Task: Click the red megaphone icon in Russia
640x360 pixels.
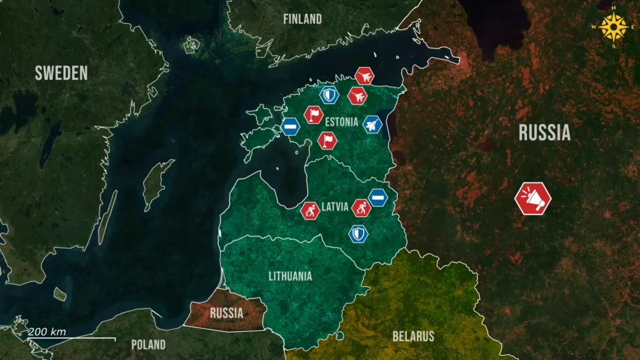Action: pos(532,199)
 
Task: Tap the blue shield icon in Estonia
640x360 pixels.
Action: pos(329,95)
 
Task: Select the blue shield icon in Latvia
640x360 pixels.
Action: pos(358,234)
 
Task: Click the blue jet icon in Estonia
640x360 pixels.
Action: pos(372,124)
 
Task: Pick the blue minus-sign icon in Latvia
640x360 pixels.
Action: pos(377,197)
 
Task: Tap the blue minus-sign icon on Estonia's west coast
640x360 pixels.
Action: pos(290,126)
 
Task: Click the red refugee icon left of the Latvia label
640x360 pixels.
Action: pos(310,211)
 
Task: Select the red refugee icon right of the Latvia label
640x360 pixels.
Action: pos(361,207)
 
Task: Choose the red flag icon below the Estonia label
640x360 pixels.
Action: pos(327,140)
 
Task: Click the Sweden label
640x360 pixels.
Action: pos(61,73)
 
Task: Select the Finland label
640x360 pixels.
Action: pos(302,19)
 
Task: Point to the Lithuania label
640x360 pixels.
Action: pos(290,276)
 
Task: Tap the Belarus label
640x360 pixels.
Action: pos(413,336)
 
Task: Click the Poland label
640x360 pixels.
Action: pos(148,344)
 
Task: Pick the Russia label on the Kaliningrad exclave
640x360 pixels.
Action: pos(226,312)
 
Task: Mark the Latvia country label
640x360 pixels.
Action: pos(334,207)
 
